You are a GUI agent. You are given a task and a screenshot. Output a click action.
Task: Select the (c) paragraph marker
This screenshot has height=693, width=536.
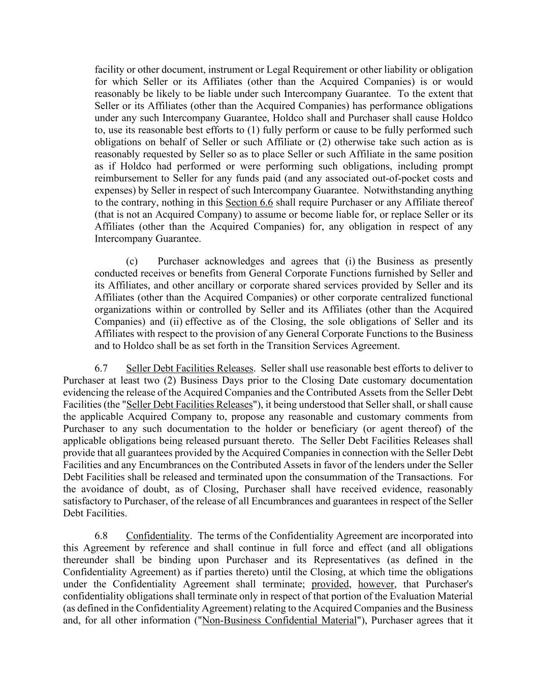(132, 261)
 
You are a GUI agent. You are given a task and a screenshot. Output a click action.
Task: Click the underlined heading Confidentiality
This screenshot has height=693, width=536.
(157, 536)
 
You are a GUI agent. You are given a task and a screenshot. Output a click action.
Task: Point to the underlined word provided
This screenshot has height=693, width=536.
(330, 584)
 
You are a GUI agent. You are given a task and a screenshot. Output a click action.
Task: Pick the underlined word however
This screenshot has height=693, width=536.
(376, 584)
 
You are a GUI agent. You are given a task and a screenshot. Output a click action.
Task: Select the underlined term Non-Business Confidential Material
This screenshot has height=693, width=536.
(279, 620)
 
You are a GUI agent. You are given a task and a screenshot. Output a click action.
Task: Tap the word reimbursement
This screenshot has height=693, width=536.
(126, 178)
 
